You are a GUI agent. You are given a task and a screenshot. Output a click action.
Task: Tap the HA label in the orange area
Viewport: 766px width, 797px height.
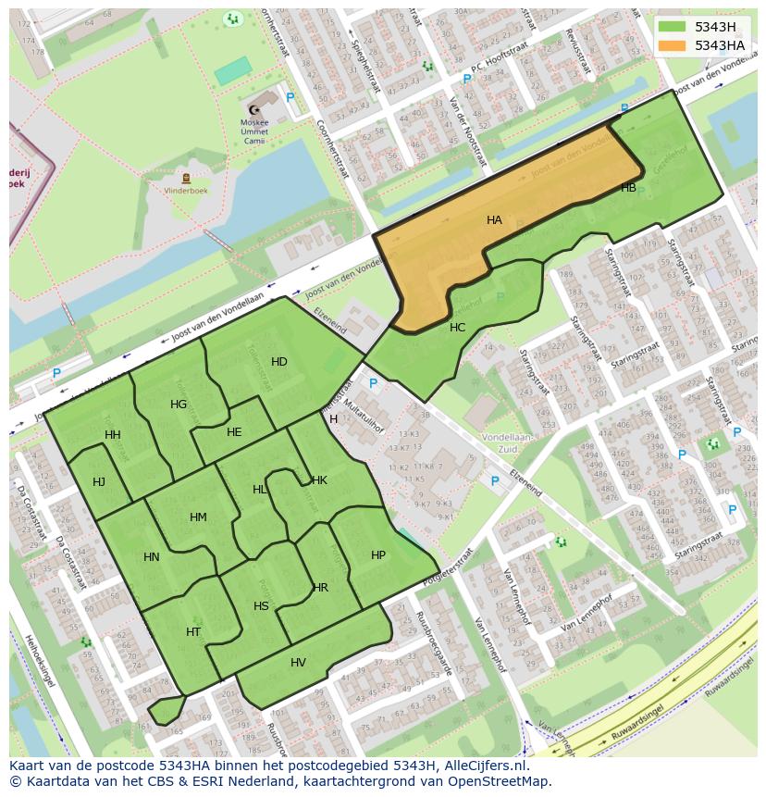[494, 220]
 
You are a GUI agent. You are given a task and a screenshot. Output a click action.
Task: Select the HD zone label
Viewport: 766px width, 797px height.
[278, 362]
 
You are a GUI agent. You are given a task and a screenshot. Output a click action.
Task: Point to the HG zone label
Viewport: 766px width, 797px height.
[179, 405]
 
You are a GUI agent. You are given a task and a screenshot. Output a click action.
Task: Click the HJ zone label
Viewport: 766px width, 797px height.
[99, 481]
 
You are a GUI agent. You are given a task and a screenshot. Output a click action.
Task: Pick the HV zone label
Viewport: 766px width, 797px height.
[298, 663]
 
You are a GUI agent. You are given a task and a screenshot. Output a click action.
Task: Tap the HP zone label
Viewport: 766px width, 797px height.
[377, 555]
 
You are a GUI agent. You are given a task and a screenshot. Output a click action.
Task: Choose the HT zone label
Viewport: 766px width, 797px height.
[192, 632]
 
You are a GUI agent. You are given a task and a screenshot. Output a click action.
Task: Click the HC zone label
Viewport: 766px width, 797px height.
[457, 328]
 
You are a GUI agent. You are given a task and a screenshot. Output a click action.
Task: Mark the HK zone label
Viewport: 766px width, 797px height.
[319, 480]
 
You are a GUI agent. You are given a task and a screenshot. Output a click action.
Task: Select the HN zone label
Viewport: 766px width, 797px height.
[152, 557]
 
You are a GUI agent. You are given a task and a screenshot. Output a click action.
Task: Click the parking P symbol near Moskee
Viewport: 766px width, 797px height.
[290, 97]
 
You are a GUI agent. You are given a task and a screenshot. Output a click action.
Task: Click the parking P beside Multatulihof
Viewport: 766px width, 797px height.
[373, 383]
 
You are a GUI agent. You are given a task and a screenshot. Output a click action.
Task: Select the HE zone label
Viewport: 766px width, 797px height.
[233, 432]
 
